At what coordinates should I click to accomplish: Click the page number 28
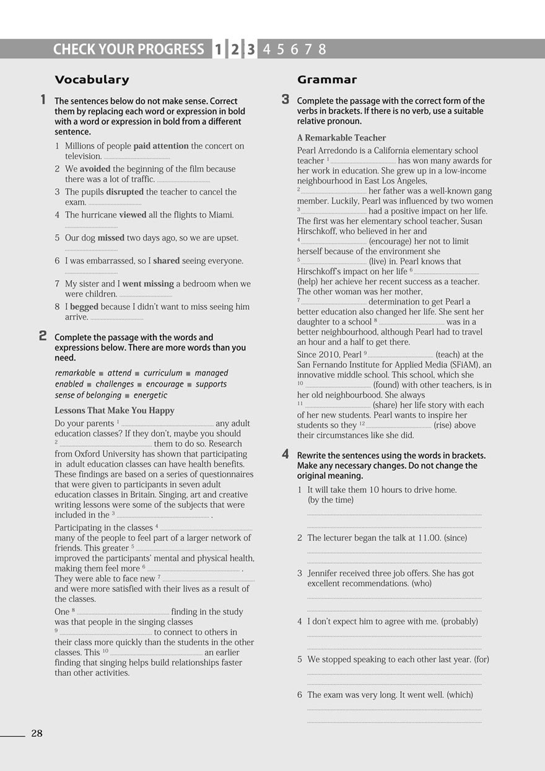click(37, 734)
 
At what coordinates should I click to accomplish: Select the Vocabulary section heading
click(92, 79)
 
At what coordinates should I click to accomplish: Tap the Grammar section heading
click(327, 79)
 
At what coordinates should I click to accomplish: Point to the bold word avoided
click(95, 169)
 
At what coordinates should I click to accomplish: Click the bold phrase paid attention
click(160, 146)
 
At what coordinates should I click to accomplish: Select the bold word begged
click(84, 307)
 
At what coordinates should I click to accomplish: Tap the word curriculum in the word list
click(163, 373)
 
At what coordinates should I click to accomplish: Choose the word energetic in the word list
click(150, 395)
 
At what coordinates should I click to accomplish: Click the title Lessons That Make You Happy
click(115, 411)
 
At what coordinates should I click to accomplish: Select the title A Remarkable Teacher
click(341, 137)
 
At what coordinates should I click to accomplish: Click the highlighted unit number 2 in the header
click(235, 50)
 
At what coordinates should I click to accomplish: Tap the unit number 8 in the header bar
click(322, 50)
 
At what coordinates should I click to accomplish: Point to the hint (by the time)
click(331, 500)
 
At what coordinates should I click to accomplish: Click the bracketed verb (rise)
click(446, 425)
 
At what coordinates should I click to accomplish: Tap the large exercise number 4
click(285, 455)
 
